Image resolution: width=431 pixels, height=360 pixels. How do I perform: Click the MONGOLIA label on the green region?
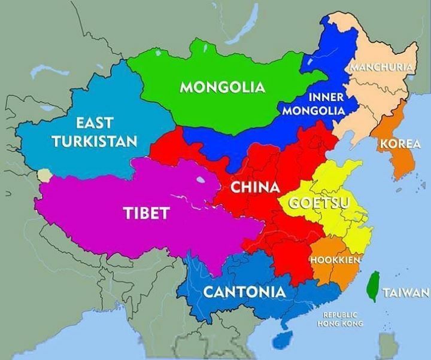click(x=223, y=87)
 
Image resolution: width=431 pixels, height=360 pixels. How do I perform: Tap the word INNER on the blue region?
click(x=326, y=97)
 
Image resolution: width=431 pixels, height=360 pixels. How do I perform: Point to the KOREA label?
click(x=400, y=144)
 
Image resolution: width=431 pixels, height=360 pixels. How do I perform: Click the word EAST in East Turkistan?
click(x=95, y=123)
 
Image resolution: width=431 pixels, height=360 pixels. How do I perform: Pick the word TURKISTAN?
click(x=95, y=141)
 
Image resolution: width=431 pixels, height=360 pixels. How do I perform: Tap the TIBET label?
click(x=147, y=212)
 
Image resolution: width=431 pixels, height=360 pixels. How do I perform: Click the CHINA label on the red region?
click(x=255, y=187)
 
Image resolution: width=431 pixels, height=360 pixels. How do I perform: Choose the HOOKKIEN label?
click(x=334, y=261)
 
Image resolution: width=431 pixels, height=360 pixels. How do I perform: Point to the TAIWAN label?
click(x=406, y=292)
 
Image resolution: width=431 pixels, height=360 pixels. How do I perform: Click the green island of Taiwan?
click(x=374, y=286)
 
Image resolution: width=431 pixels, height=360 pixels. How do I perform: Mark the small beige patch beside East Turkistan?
click(x=43, y=175)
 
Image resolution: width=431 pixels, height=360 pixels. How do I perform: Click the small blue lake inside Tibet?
click(x=198, y=179)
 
